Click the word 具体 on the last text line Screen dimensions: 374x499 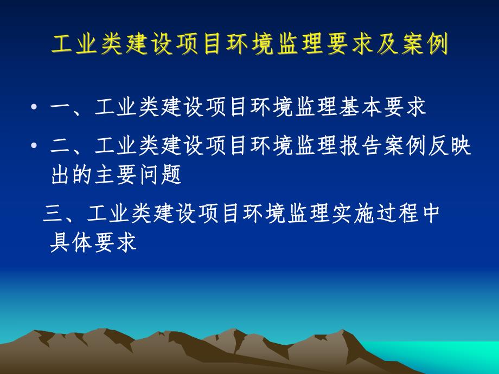point(71,243)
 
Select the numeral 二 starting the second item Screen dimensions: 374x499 point(60,146)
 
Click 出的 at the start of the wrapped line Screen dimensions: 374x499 point(71,176)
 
